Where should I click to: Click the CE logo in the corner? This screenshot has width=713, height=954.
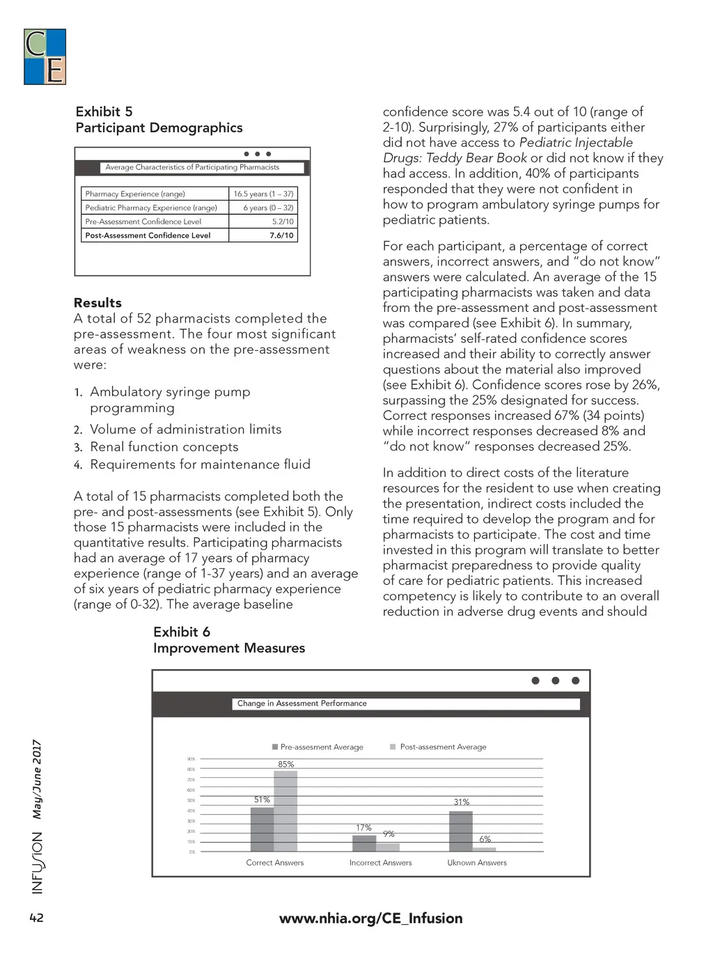point(45,57)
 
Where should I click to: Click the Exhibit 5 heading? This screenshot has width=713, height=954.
point(104,112)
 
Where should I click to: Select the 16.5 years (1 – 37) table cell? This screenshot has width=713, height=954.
point(263,194)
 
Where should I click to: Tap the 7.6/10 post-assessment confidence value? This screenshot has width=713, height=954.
point(281,235)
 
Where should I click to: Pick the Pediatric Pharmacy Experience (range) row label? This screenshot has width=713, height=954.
point(151,208)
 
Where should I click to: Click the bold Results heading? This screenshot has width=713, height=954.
point(97,303)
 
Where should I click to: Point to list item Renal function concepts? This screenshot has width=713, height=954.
point(164,447)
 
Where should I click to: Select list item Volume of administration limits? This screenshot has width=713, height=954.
point(185,430)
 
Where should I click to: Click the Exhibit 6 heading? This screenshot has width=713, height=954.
point(182,632)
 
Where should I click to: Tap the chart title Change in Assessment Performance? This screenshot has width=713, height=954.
point(301,703)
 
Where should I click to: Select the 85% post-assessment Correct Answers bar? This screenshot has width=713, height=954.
point(285,811)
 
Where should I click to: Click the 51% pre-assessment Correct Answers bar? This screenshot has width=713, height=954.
point(262,829)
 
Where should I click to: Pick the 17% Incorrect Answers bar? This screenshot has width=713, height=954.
point(364,843)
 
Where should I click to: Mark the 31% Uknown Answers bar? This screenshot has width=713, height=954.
point(461,831)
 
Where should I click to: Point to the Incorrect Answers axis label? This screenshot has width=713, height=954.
point(380,863)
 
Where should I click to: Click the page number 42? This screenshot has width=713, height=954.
point(36,918)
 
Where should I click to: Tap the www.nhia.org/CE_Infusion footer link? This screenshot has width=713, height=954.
point(370,918)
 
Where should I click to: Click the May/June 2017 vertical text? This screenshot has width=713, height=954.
point(37,779)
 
